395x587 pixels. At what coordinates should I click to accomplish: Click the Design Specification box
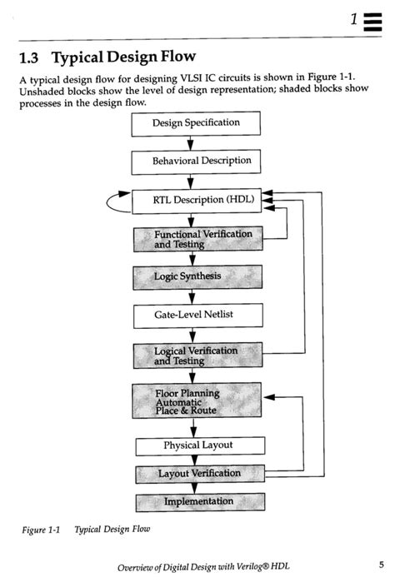[196, 123]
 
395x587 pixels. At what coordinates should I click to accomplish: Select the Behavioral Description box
[196, 161]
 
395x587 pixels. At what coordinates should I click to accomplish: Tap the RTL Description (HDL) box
[200, 201]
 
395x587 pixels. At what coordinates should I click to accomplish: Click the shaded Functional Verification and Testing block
[198, 240]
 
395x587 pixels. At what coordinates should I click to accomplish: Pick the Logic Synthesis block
[197, 277]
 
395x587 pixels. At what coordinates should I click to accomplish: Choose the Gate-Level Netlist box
[197, 316]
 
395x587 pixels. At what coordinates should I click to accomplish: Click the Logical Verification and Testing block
[197, 356]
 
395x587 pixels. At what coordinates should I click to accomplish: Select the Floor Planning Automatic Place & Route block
[197, 401]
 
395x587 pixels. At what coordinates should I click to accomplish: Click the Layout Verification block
[199, 474]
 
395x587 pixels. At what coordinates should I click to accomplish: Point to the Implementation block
[199, 502]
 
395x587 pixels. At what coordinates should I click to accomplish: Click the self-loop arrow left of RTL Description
[112, 201]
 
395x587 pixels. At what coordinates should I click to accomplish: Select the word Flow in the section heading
[176, 58]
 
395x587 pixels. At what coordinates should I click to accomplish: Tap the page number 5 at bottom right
[380, 565]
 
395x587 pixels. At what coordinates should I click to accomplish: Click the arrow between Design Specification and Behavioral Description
[192, 142]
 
